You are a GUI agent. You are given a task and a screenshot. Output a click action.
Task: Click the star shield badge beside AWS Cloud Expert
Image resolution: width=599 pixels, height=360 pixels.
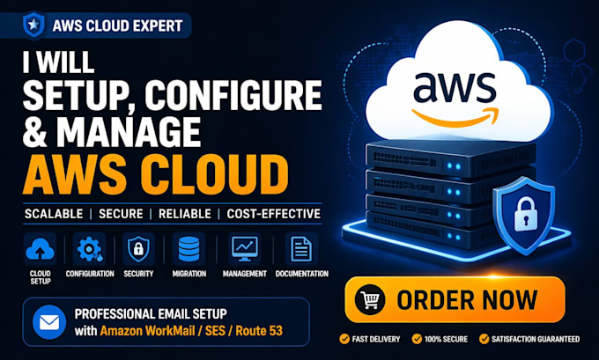pyautogui.click(x=33, y=26)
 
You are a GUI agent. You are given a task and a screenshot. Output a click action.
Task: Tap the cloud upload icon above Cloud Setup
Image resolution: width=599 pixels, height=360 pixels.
pyautogui.click(x=41, y=249)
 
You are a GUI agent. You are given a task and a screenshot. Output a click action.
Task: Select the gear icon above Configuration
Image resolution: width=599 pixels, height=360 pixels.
pyautogui.click(x=90, y=249)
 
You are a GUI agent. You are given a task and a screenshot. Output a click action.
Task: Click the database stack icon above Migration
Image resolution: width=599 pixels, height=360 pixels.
pyautogui.click(x=189, y=249)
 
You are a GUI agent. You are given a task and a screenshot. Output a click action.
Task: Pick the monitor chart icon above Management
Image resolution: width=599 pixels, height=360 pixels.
pyautogui.click(x=245, y=249)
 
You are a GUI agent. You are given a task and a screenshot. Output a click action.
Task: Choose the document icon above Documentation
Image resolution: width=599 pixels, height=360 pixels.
pyautogui.click(x=301, y=249)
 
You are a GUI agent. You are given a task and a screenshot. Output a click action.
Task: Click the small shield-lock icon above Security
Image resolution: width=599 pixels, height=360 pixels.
pyautogui.click(x=138, y=249)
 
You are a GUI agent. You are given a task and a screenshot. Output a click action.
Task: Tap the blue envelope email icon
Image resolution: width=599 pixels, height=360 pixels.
pyautogui.click(x=49, y=322)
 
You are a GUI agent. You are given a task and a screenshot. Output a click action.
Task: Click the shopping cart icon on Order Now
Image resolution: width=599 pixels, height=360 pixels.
pyautogui.click(x=370, y=299)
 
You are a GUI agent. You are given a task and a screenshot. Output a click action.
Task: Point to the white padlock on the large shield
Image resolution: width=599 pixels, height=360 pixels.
pyautogui.click(x=526, y=216)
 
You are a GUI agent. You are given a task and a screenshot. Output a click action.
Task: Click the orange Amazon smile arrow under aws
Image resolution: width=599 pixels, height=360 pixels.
pyautogui.click(x=455, y=117)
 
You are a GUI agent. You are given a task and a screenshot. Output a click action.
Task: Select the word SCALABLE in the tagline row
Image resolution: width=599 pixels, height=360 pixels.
pyautogui.click(x=54, y=214)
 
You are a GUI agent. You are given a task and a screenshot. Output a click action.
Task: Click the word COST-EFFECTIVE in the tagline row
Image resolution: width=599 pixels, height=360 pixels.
pyautogui.click(x=274, y=214)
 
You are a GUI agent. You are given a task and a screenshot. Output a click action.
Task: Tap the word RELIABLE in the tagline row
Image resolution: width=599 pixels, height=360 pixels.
pyautogui.click(x=185, y=214)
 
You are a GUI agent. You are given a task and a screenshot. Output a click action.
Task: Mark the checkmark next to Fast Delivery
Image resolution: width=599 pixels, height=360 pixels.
pyautogui.click(x=344, y=339)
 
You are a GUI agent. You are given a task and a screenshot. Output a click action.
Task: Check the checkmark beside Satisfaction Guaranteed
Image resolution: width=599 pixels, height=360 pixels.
pyautogui.click(x=484, y=339)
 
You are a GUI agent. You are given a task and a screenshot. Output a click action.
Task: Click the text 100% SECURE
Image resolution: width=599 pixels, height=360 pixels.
pyautogui.click(x=446, y=339)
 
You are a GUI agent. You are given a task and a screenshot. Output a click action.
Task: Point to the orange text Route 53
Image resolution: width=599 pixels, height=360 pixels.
pyautogui.click(x=259, y=331)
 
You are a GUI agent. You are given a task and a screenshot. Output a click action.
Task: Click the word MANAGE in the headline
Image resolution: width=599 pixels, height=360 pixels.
pyautogui.click(x=129, y=132)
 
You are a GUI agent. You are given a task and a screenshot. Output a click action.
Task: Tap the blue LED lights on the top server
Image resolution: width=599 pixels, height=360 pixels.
pyautogui.click(x=454, y=166)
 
